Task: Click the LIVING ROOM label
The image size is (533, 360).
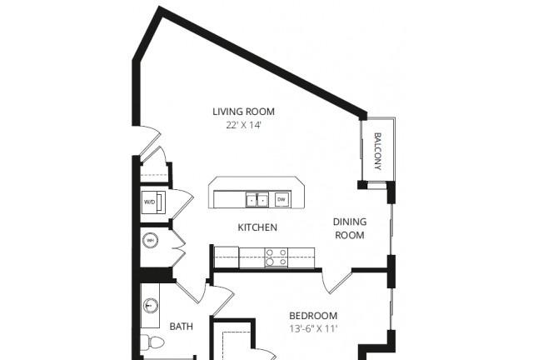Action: (x=243, y=112)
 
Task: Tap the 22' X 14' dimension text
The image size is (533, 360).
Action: (x=243, y=125)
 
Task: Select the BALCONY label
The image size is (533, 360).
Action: (x=377, y=152)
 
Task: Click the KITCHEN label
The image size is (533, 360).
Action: (x=257, y=227)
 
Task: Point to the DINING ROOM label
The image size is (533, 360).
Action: (x=350, y=228)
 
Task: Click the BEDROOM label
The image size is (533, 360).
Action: (x=313, y=316)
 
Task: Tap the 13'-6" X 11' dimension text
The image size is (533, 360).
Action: (x=313, y=329)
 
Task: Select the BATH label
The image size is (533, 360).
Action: (x=182, y=327)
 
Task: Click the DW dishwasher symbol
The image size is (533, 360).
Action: (x=281, y=199)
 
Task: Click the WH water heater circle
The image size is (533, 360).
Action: (x=150, y=241)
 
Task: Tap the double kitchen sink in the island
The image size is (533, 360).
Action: (x=257, y=200)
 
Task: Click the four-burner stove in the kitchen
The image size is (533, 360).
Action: (x=276, y=257)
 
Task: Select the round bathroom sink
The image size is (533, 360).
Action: (x=150, y=305)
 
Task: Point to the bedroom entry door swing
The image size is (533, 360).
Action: (x=336, y=282)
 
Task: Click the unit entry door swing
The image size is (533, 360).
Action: (x=150, y=140)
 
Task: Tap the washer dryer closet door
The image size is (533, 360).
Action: (x=182, y=204)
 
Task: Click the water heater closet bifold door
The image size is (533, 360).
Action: (x=179, y=247)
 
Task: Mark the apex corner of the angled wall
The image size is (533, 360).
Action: (x=159, y=7)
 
